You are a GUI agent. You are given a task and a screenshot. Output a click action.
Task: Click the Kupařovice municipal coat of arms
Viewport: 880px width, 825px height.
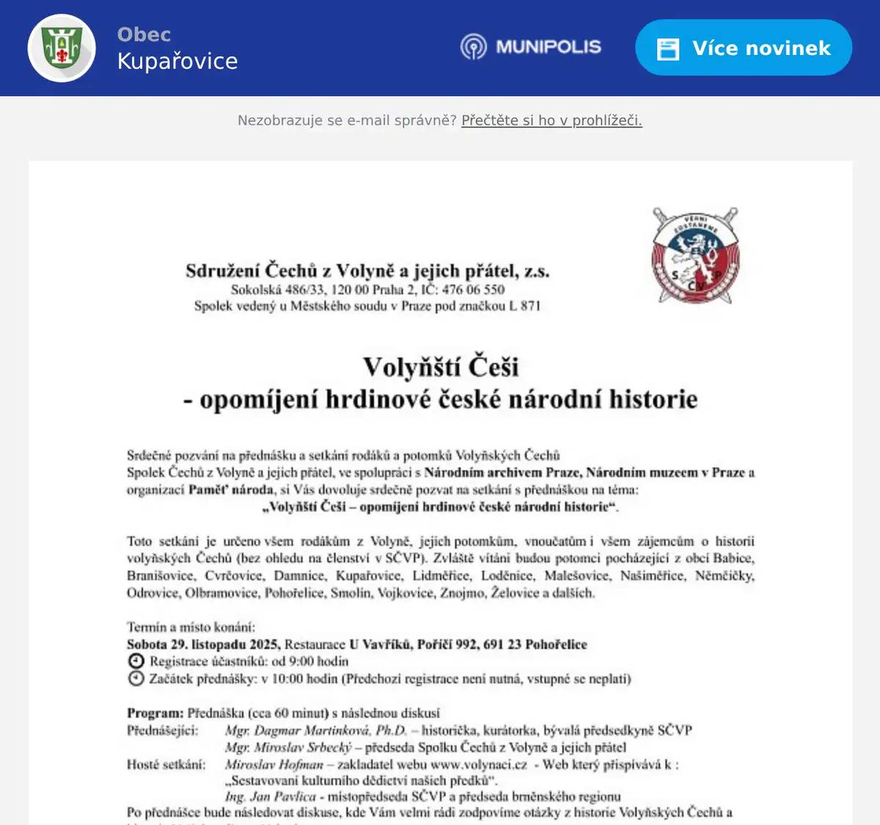62,48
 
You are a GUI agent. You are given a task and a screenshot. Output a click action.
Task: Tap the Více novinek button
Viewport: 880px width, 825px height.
743,48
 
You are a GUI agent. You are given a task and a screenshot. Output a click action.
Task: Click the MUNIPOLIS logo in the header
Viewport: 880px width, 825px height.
531,47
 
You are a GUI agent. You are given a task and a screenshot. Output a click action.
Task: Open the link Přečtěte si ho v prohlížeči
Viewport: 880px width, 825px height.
551,120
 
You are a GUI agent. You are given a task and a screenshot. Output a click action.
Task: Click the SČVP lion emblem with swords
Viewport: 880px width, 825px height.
695,256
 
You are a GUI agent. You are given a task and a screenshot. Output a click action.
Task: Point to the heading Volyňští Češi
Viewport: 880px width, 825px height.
440,367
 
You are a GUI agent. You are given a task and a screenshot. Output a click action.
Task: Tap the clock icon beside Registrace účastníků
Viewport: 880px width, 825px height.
136,661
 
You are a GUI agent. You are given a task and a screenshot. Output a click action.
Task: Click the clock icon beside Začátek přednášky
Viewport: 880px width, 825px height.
136,678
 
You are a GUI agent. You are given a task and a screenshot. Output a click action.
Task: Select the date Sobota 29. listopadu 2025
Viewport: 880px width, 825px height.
202,645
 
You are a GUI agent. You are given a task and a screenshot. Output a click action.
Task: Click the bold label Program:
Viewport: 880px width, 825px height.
155,713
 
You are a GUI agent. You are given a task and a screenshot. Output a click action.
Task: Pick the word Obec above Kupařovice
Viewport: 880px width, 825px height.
144,34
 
